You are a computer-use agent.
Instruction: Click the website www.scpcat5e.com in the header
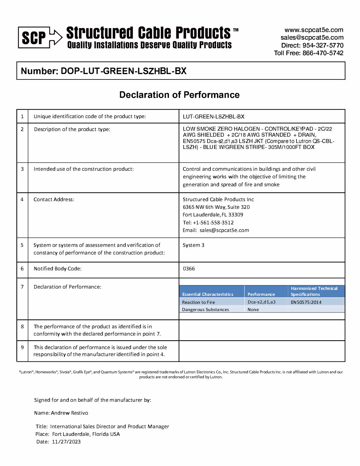(314, 30)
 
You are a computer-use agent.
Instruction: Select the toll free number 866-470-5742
(323, 53)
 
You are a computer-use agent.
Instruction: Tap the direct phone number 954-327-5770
(323, 45)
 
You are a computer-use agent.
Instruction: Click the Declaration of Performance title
(179, 95)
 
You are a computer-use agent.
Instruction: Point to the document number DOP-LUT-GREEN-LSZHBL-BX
(123, 71)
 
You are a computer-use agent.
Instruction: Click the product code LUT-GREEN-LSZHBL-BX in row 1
(213, 117)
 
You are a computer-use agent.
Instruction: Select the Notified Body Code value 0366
(189, 269)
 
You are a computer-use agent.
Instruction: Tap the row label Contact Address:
(54, 200)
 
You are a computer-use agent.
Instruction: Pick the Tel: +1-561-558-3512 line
(208, 223)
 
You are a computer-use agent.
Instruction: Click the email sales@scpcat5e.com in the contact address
(224, 230)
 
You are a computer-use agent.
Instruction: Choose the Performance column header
(261, 294)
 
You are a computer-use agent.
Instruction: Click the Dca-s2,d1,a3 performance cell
(261, 302)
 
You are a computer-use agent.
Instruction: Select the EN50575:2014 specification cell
(306, 302)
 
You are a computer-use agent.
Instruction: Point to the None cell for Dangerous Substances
(253, 310)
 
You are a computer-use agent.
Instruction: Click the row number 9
(22, 348)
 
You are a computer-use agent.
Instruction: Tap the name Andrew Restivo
(69, 413)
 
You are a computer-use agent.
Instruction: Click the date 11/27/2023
(66, 442)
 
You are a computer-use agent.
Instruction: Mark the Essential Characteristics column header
(208, 294)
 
